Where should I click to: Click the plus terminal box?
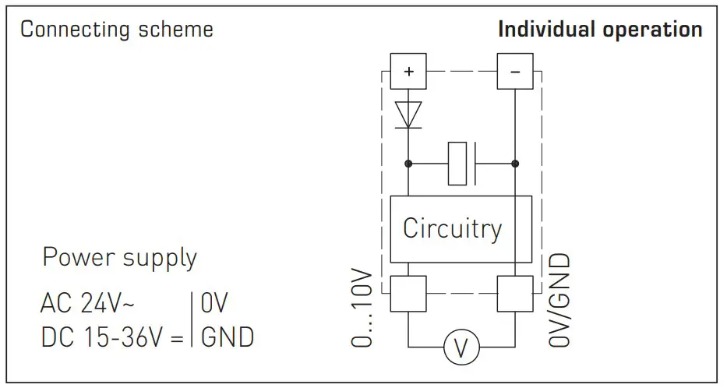point(408,72)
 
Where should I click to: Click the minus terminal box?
point(514,72)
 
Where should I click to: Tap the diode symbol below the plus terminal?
point(408,114)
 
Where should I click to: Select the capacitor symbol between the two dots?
point(462,164)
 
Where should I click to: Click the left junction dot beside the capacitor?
point(408,164)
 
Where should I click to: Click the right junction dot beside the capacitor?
point(514,164)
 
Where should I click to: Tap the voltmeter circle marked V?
point(461,347)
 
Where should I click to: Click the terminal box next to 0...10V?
point(408,295)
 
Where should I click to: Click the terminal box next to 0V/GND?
point(514,295)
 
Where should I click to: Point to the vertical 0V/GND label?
point(559,300)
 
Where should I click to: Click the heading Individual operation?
point(600,30)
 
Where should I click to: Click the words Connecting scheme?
point(117,30)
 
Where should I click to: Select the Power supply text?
point(119,257)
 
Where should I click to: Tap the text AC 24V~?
point(88,304)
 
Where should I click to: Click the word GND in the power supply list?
point(228,337)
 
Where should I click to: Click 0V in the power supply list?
point(214,304)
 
